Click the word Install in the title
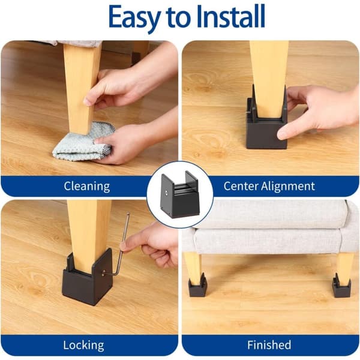(x=231, y=17)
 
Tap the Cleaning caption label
(x=87, y=186)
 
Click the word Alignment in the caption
(x=288, y=186)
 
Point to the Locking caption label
(x=83, y=345)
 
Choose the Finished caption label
(x=269, y=345)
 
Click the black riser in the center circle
(x=180, y=194)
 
